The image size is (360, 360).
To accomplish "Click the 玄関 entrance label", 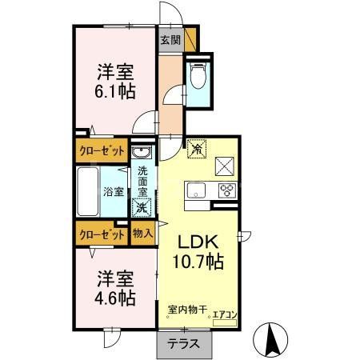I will (x=169, y=40).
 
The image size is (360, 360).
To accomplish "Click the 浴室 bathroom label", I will (x=113, y=192).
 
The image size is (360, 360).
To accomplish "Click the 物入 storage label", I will (x=142, y=234).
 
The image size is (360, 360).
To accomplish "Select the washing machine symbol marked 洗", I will (x=142, y=207).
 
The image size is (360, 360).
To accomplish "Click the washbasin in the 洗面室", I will (x=141, y=154).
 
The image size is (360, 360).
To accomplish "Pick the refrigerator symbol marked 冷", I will (x=196, y=148).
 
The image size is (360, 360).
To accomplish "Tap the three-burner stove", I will (x=227, y=190).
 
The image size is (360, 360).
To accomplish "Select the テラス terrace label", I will (x=183, y=344).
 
